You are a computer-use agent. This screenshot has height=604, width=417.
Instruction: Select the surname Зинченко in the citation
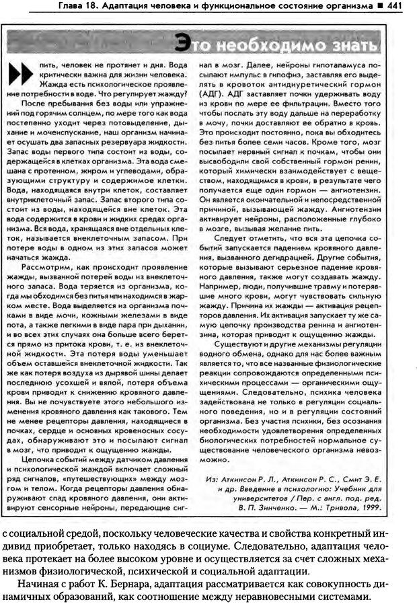coord(281,490)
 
